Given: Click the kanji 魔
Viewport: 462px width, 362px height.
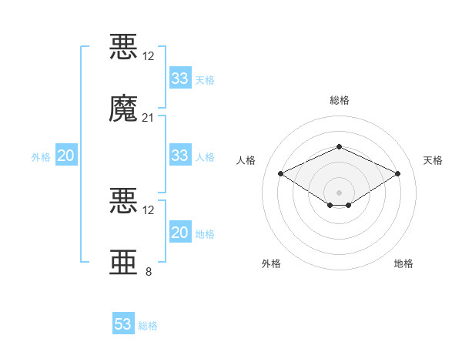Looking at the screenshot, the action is click(123, 108).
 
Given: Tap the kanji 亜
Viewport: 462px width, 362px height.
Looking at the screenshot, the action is click(123, 262).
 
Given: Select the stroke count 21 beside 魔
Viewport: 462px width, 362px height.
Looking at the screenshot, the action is click(148, 118).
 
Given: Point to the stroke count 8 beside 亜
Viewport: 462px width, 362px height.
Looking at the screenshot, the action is click(149, 271).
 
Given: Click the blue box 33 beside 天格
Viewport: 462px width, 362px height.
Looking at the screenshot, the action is click(180, 78).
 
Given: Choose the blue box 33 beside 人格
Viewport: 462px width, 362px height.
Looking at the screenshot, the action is click(180, 155).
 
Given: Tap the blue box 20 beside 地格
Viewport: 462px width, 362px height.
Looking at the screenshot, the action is click(180, 231).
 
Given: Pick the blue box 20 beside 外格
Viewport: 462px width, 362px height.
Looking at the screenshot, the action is click(66, 155).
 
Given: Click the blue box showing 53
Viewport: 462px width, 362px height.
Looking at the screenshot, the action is click(123, 323).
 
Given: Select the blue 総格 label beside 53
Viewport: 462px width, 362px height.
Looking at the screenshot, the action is click(148, 326).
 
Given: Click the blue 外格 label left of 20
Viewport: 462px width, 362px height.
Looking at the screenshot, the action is click(41, 157).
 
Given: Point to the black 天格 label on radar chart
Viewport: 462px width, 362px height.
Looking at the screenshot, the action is click(433, 160).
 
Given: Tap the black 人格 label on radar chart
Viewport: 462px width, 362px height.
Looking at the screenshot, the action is click(246, 160).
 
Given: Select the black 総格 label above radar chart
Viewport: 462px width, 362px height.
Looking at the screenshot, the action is click(340, 100).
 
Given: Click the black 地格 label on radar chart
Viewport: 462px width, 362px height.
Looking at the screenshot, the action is click(403, 263).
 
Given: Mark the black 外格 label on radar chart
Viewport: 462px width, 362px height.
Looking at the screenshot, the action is click(271, 263).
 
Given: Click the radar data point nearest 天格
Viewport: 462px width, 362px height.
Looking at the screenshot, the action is click(397, 173).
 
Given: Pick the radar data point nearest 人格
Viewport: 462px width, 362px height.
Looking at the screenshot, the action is click(281, 173).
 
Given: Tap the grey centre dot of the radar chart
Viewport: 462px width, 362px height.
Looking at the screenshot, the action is click(339, 193).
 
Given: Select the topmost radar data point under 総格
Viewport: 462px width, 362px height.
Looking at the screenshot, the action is click(339, 146).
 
